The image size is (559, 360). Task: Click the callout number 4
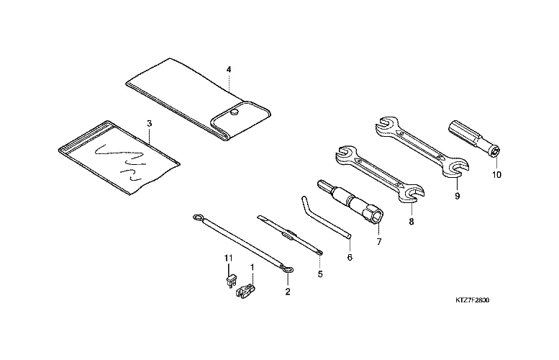229,69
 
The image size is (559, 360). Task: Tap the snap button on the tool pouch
234,112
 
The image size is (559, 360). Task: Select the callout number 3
150,123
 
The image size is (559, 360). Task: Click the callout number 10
496,175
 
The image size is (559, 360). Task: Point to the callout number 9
458,197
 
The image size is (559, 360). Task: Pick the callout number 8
412,222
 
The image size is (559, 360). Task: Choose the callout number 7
378,242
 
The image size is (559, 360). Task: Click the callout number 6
350,257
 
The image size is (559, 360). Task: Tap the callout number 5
320,274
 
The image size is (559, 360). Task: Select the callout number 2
288,292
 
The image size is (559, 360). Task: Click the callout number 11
228,257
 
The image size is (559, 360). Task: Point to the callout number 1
253,267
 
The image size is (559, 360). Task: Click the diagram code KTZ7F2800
473,300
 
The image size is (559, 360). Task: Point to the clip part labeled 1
245,291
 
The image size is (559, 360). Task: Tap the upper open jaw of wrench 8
345,153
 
